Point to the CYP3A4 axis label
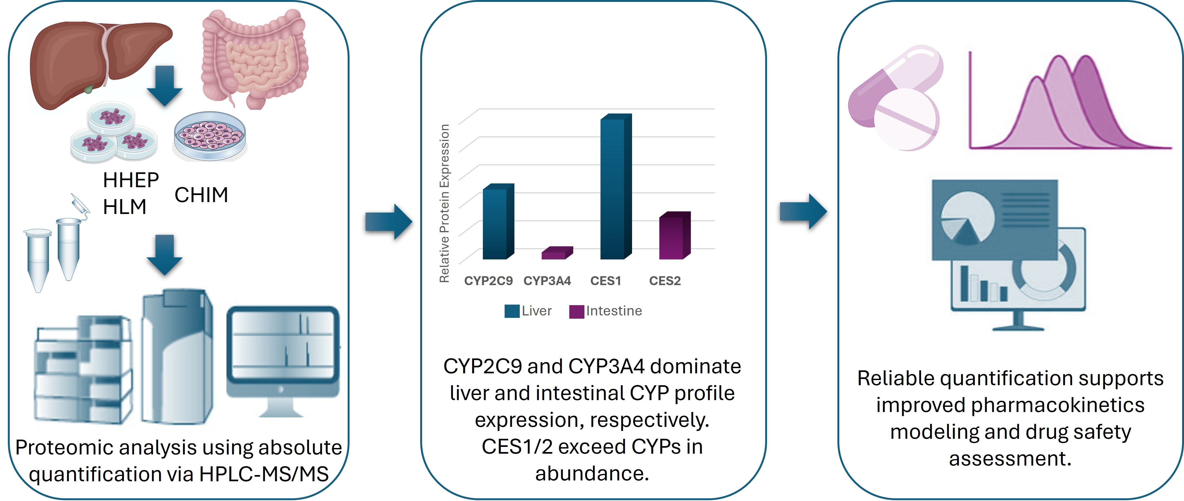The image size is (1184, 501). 547,281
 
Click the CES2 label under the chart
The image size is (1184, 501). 665,281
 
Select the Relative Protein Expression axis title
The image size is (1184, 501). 444,203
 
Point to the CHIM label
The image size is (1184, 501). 201,195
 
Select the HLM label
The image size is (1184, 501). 124,207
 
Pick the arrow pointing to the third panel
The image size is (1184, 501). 803,212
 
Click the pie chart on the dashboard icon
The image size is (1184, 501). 966,218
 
